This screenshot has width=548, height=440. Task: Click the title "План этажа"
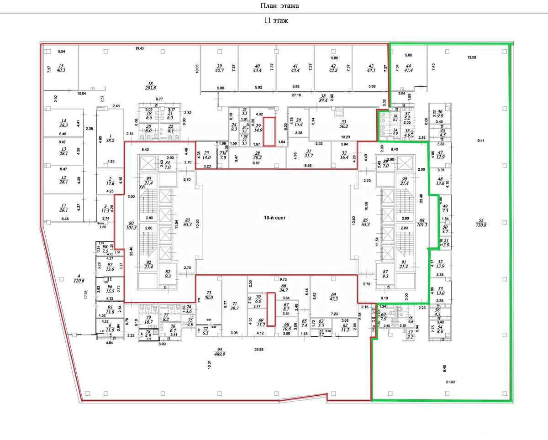279,6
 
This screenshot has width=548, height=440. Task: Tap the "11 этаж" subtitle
276,21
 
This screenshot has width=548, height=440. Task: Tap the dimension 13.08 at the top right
472,58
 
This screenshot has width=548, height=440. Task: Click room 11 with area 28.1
61,210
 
